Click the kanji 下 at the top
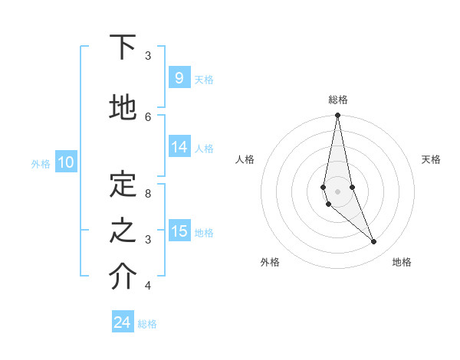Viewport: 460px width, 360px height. pos(123,47)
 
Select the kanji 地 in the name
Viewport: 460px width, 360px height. pos(123,108)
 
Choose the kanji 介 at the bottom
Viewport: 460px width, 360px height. pos(123,277)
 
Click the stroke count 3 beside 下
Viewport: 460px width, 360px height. pos(148,55)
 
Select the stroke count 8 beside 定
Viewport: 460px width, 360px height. pos(148,193)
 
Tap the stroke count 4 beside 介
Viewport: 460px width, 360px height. pos(148,286)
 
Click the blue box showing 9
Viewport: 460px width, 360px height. pos(179,78)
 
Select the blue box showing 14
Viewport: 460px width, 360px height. pos(179,147)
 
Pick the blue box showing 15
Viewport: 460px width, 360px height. pos(179,231)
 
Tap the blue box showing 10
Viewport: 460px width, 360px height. pos(66,162)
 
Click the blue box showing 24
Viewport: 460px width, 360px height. pos(123,322)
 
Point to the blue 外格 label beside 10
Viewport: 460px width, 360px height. pos(41,163)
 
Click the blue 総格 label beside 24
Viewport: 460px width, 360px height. pos(147,324)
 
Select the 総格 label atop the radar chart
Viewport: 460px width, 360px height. pos(338,100)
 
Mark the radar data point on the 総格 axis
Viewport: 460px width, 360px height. pos(337,116)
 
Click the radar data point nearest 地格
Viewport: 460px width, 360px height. pos(374,242)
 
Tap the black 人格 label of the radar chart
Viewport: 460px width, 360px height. pos(245,159)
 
